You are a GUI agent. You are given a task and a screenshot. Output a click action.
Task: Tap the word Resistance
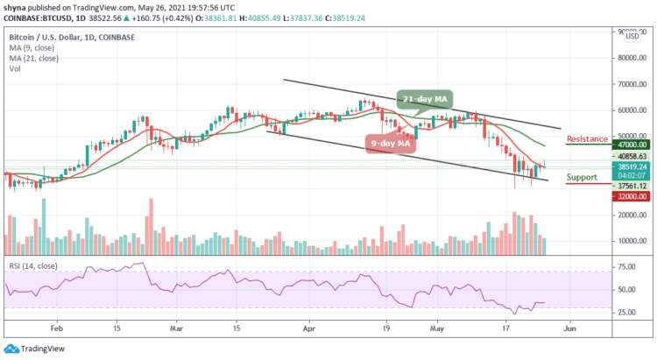[588, 138]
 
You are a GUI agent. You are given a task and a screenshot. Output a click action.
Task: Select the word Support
[583, 177]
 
